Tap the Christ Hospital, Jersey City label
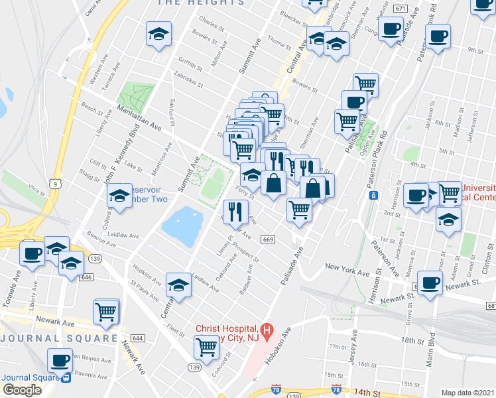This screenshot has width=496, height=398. [x=226, y=334]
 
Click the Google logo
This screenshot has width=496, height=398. [x=22, y=390]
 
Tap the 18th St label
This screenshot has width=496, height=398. [x=412, y=341]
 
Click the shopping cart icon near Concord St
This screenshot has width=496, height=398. [x=207, y=345]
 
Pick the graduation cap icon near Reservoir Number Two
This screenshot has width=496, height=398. [x=119, y=195]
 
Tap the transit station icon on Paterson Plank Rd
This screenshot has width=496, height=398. [x=373, y=195]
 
